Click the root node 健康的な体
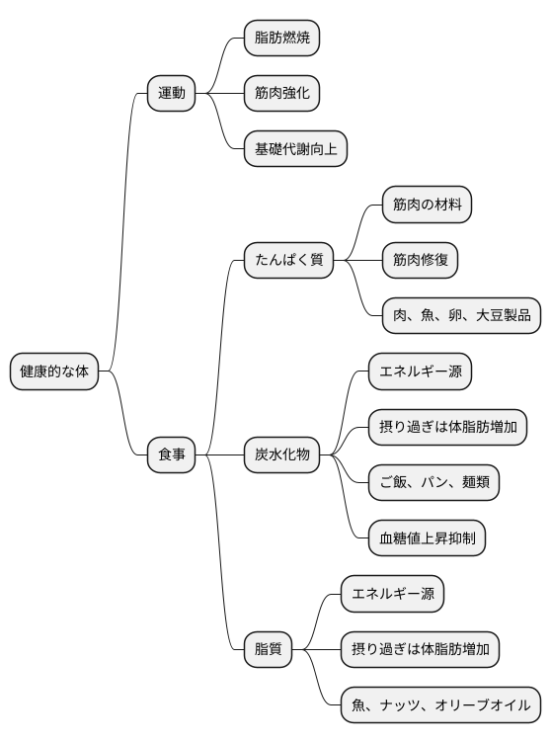click(x=54, y=371)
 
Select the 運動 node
click(x=171, y=94)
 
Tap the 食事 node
click(x=171, y=454)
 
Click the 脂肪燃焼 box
click(x=281, y=39)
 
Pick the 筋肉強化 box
click(x=281, y=94)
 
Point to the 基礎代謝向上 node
click(x=295, y=149)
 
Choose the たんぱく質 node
click(x=288, y=261)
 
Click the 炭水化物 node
click(x=281, y=454)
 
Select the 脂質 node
click(x=268, y=649)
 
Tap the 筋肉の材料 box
click(x=427, y=206)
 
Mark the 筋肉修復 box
click(x=420, y=261)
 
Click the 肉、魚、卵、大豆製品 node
click(x=461, y=316)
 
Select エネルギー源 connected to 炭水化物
click(x=420, y=371)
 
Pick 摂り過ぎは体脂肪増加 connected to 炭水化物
click(x=447, y=427)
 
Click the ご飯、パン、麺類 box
click(x=433, y=483)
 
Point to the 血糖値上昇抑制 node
click(x=427, y=538)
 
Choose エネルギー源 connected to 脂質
click(x=392, y=594)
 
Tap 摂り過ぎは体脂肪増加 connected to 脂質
click(x=420, y=649)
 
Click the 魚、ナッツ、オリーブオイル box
click(x=440, y=704)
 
